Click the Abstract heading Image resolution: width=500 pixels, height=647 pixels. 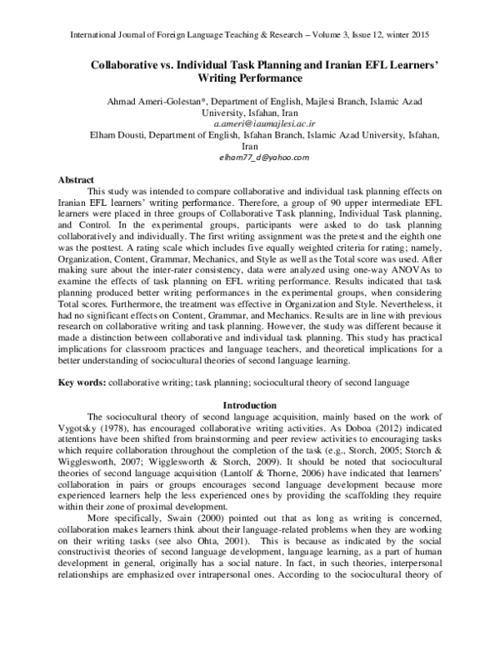pos(77,179)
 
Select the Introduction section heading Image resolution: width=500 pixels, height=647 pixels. pos(249,405)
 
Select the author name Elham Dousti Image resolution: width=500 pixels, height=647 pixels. pos(90,133)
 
